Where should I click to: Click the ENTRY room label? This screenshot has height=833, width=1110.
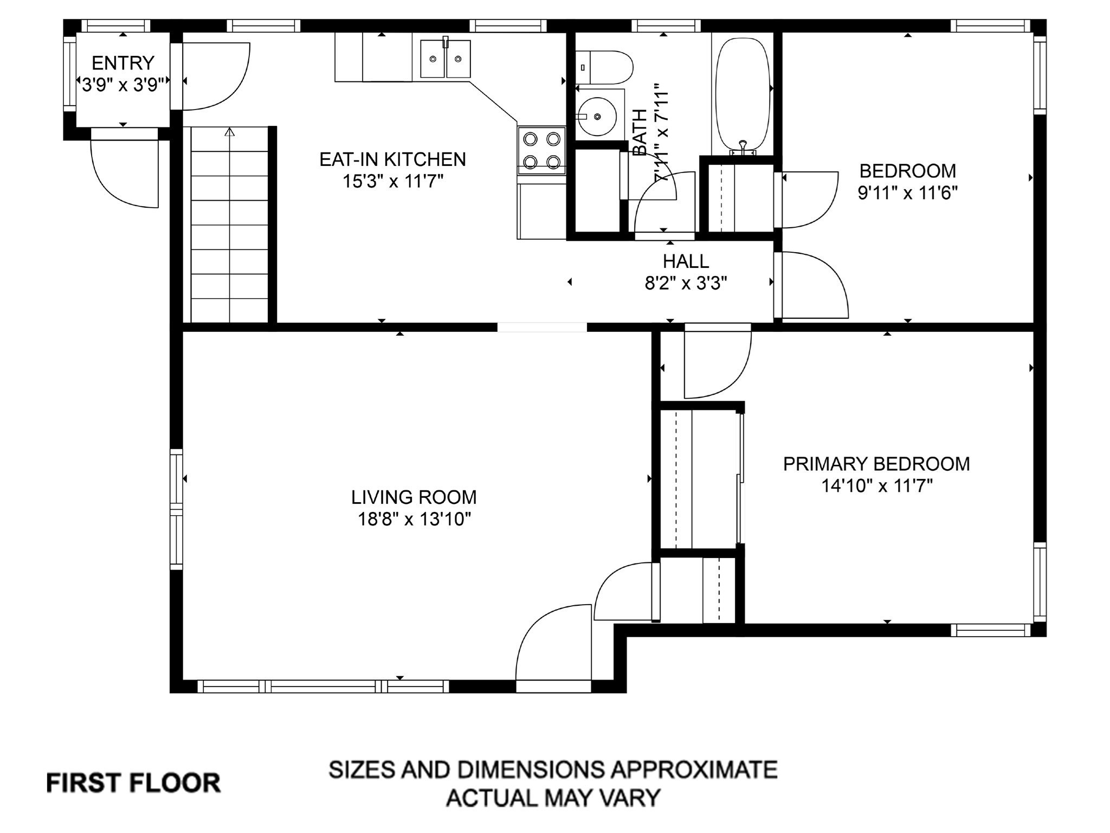pyautogui.click(x=123, y=63)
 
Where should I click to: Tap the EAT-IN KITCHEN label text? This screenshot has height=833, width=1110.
pyautogui.click(x=392, y=159)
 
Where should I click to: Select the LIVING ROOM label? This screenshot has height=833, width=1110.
pyautogui.click(x=414, y=497)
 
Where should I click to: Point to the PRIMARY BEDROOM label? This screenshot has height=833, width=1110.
pyautogui.click(x=876, y=464)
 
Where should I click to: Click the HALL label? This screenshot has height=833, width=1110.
pyautogui.click(x=686, y=261)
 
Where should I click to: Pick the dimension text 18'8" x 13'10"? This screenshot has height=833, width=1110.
pyautogui.click(x=414, y=520)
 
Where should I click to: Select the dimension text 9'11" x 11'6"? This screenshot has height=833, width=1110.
pyautogui.click(x=908, y=193)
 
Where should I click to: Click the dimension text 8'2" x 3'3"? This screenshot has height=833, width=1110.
pyautogui.click(x=686, y=283)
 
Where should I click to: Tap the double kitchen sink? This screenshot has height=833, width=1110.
pyautogui.click(x=446, y=59)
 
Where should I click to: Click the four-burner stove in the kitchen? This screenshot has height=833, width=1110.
pyautogui.click(x=541, y=151)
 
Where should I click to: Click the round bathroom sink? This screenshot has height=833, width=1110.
pyautogui.click(x=596, y=117)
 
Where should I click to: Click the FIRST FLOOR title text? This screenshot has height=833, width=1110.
pyautogui.click(x=133, y=784)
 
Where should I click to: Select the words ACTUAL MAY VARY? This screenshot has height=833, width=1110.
pyautogui.click(x=553, y=797)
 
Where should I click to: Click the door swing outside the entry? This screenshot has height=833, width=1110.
pyautogui.click(x=125, y=174)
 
